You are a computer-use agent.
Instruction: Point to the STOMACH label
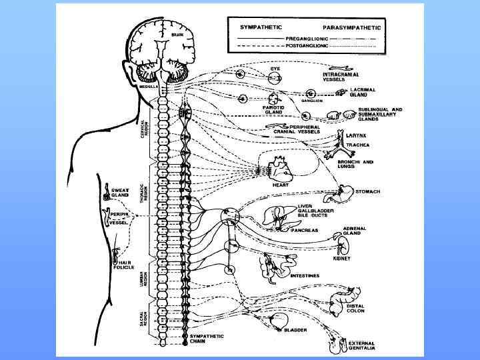pos(367,192)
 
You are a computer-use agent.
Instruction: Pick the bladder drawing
pos(277,319)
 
